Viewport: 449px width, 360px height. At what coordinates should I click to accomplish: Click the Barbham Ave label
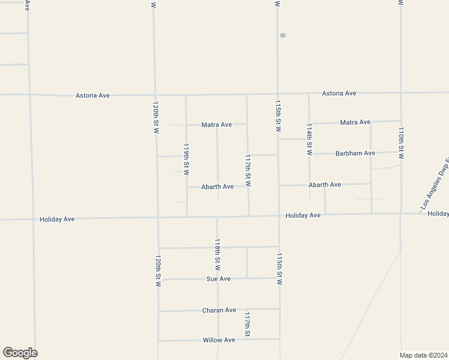(x=355, y=153)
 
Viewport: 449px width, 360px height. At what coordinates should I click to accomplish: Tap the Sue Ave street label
(x=218, y=278)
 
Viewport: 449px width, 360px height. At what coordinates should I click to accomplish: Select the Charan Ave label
(x=218, y=310)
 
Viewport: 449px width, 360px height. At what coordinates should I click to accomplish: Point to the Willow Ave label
(x=218, y=340)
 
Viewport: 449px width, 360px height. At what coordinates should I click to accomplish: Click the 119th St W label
(x=186, y=159)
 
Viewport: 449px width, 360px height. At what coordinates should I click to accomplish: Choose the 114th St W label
(x=309, y=140)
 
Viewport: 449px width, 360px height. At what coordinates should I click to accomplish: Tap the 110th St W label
(x=401, y=143)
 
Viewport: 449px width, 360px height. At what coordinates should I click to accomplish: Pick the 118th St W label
(x=218, y=254)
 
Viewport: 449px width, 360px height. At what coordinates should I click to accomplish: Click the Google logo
(x=20, y=353)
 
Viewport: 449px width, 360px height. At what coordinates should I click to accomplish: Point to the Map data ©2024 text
(x=424, y=354)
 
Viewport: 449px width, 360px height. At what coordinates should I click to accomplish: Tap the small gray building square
(x=283, y=35)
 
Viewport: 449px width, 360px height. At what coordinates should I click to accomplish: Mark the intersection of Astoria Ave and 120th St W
(x=155, y=95)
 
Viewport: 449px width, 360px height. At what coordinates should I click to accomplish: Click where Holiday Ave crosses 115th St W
(x=279, y=215)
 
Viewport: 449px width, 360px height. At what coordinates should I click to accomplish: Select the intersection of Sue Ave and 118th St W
(x=218, y=278)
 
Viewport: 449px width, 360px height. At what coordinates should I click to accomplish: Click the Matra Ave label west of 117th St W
(x=217, y=125)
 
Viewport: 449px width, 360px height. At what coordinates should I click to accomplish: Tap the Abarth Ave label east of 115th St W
(x=325, y=185)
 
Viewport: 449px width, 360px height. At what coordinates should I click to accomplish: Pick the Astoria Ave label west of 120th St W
(x=92, y=95)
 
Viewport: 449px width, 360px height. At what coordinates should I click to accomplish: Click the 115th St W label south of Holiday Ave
(x=279, y=268)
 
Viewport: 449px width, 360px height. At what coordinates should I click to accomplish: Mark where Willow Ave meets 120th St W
(x=158, y=340)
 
